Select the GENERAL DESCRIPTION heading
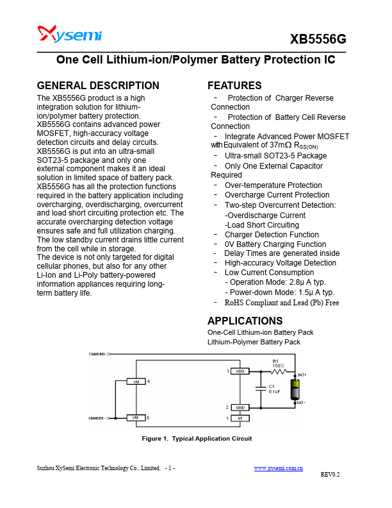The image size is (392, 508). click(x=98, y=85)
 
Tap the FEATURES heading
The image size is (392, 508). click(x=234, y=85)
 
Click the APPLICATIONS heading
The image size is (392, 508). click(x=245, y=321)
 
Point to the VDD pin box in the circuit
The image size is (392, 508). click(x=240, y=371)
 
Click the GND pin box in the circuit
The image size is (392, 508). click(x=240, y=407)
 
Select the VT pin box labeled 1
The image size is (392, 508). click(x=240, y=418)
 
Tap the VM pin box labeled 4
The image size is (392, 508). click(x=136, y=382)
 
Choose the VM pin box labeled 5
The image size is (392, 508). click(x=136, y=418)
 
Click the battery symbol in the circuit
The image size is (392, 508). click(x=295, y=389)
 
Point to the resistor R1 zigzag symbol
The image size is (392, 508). click(x=277, y=371)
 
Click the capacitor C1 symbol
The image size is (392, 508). click(x=261, y=389)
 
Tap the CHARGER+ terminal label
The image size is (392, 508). click(x=97, y=353)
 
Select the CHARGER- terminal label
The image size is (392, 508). click(x=97, y=418)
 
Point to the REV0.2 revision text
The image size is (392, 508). click(x=330, y=475)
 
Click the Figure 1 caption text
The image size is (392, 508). click(x=197, y=439)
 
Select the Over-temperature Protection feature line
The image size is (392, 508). click(x=273, y=185)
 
